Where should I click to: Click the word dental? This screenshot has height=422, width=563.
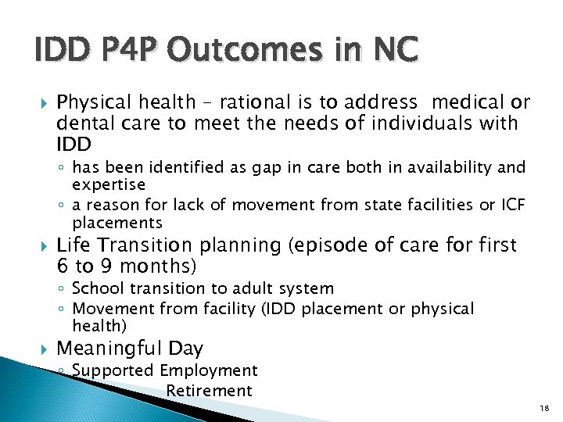(81, 123)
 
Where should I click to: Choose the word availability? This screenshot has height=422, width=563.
(457, 166)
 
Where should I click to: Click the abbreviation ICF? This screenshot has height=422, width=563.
(505, 205)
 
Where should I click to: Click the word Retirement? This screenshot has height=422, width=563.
(209, 391)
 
